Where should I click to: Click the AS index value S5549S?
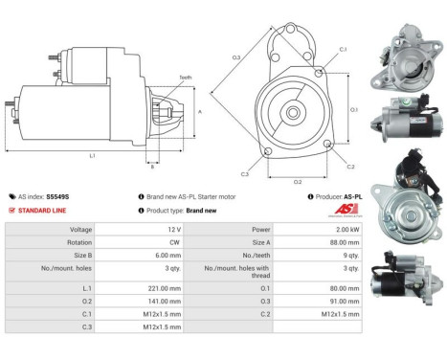coord(61,195)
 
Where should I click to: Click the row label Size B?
coord(81,257)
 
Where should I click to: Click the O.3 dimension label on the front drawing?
coord(235,57)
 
